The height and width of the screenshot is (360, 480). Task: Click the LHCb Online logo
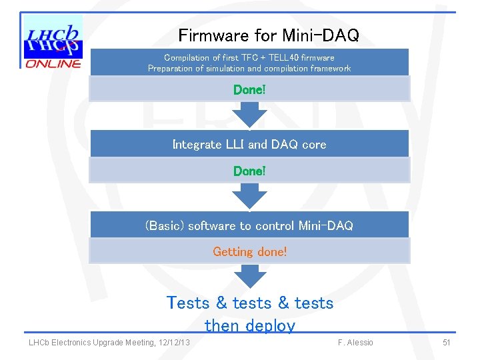pos(53,42)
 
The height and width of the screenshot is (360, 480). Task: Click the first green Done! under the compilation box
pos(249,89)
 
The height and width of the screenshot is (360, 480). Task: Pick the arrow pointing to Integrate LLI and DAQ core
pos(249,114)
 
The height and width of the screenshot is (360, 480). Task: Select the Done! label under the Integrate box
pos(249,171)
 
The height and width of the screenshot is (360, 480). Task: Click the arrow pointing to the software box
pos(249,196)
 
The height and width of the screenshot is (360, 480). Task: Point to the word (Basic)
pos(165,226)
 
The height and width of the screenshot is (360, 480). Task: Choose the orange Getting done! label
pos(249,252)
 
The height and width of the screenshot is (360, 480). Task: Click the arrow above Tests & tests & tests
pos(249,276)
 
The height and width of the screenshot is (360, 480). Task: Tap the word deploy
pos(269,326)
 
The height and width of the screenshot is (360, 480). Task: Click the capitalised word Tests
pos(188,303)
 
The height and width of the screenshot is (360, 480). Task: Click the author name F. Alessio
pos(355,343)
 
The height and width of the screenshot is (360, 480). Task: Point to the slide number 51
pos(447,343)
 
